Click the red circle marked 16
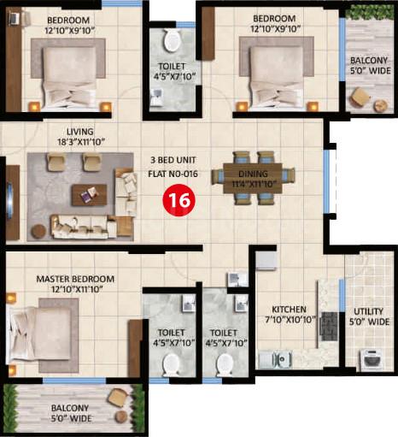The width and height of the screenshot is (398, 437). [179, 200]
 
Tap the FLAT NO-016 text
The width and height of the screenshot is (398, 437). [173, 174]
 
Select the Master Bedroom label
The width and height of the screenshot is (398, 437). [75, 279]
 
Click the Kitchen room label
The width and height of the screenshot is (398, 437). [289, 310]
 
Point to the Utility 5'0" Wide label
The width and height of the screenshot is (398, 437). [369, 316]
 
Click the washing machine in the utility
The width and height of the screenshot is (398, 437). [373, 360]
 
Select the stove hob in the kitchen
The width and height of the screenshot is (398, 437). [329, 327]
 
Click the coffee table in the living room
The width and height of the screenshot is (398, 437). [89, 195]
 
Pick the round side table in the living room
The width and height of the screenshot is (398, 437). [38, 232]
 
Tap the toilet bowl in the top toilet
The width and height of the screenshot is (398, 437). [172, 41]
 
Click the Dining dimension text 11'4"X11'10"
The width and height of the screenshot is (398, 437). [254, 184]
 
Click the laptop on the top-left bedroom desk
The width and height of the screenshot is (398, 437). [14, 18]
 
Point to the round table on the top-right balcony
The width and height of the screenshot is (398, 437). [380, 106]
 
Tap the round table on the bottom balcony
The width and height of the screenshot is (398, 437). [122, 417]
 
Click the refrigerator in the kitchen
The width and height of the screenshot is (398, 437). [266, 260]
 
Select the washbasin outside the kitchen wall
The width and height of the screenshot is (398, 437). [237, 280]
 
